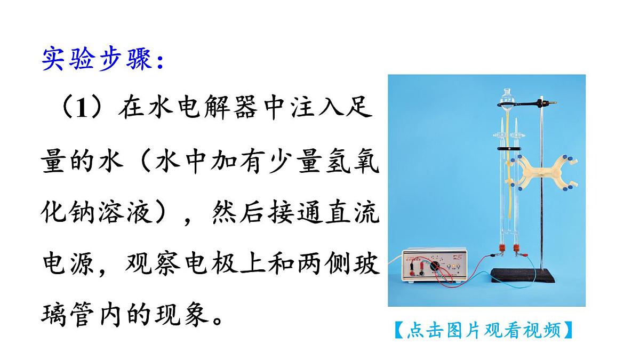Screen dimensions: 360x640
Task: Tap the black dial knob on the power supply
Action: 435,265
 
